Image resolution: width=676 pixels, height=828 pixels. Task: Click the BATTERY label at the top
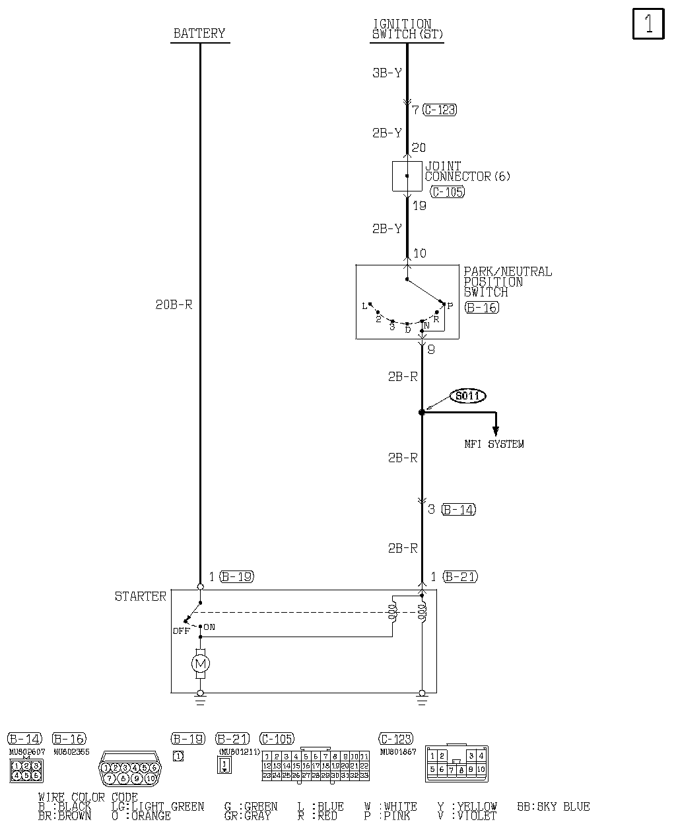[199, 33]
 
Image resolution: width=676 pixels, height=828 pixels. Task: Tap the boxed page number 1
[648, 24]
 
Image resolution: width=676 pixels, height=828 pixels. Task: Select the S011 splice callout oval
[468, 396]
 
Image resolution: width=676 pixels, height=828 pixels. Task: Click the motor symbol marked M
[200, 663]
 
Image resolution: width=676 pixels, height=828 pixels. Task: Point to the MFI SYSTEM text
[494, 444]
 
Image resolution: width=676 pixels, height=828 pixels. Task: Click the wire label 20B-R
[174, 305]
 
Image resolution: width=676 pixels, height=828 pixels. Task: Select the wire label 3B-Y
[387, 73]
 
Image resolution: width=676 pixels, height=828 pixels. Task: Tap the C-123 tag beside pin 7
[440, 110]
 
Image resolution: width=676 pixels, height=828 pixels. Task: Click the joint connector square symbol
[407, 176]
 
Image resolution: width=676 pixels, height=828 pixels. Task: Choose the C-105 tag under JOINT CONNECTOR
[447, 191]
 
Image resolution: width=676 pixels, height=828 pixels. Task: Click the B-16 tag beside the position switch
[481, 307]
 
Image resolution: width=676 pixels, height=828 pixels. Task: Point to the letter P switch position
[450, 306]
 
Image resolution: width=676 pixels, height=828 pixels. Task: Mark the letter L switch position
[364, 306]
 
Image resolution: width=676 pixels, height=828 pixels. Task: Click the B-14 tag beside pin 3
[458, 509]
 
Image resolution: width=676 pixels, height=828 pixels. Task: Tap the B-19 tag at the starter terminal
[236, 576]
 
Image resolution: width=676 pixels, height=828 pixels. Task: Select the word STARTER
[141, 596]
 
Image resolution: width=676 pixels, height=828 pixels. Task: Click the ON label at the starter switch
[209, 627]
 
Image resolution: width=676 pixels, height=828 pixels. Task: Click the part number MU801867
[398, 751]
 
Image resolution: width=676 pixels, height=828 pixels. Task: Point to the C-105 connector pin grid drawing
[316, 766]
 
